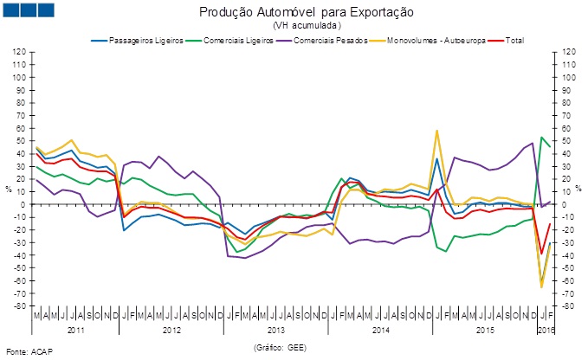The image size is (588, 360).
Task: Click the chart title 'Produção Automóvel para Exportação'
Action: click(x=294, y=13)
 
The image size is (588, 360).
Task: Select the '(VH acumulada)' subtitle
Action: click(x=294, y=26)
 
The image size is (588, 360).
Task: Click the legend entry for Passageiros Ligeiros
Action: click(x=138, y=41)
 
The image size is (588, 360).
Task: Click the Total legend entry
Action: click(x=510, y=41)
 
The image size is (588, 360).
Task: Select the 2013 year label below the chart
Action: click(x=275, y=331)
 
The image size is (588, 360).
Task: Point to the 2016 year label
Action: click(x=546, y=331)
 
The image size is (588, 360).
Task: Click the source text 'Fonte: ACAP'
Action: click(x=23, y=351)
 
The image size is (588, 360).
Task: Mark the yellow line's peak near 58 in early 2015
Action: click(x=436, y=131)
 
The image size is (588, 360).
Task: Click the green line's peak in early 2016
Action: click(x=541, y=137)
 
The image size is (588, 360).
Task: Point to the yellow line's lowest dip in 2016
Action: click(x=541, y=286)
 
